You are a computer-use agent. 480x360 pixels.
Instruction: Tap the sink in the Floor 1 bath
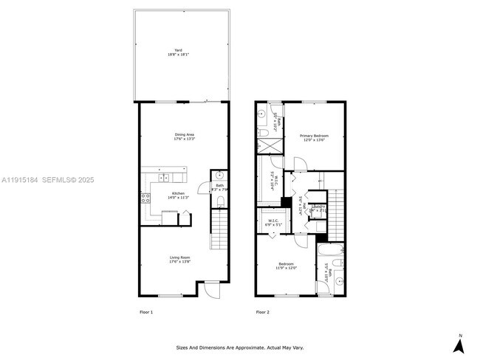(219, 176)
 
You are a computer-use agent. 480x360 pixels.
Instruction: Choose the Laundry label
(318, 208)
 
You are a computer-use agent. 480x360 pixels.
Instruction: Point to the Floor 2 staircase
(336, 210)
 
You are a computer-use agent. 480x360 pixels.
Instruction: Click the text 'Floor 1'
(146, 312)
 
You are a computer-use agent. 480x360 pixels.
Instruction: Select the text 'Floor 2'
(263, 312)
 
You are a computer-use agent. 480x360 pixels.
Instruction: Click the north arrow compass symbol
(459, 344)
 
